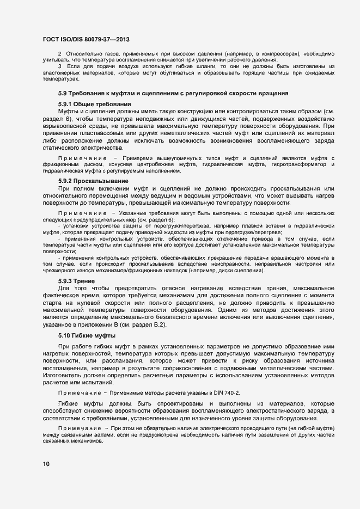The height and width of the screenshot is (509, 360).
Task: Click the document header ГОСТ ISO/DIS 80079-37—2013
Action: [86, 40]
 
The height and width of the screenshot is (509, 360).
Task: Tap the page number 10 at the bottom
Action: [46, 464]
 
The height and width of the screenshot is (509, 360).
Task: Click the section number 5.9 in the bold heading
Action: [63, 93]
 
